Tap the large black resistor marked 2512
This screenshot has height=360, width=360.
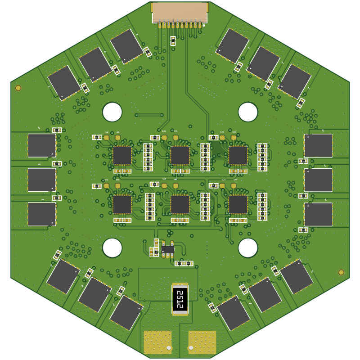(x=180, y=299)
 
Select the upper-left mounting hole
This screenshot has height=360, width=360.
(x=112, y=112)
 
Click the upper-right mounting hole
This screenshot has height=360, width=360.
(x=248, y=112)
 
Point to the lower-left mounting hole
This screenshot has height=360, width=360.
(x=112, y=247)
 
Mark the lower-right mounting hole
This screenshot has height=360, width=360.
(x=248, y=247)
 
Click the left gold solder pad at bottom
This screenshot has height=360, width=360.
(x=157, y=342)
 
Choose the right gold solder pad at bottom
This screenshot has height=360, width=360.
(x=202, y=342)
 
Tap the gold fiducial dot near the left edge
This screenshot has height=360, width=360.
(x=18, y=88)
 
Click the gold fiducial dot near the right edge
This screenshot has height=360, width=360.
(x=341, y=272)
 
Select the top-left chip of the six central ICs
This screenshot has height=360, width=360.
(x=122, y=155)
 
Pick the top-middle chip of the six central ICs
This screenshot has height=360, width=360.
(x=180, y=155)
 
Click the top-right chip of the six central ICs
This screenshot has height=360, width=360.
(x=238, y=155)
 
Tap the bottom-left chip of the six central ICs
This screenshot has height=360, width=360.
(x=122, y=204)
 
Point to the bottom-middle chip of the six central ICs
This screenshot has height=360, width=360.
(x=180, y=204)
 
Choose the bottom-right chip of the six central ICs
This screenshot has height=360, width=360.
(x=238, y=204)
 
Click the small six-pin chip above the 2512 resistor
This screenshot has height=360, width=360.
(x=168, y=249)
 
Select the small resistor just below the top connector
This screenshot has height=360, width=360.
(x=173, y=41)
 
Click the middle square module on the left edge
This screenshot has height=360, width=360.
(x=42, y=180)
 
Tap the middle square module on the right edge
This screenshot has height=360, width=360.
(x=319, y=180)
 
